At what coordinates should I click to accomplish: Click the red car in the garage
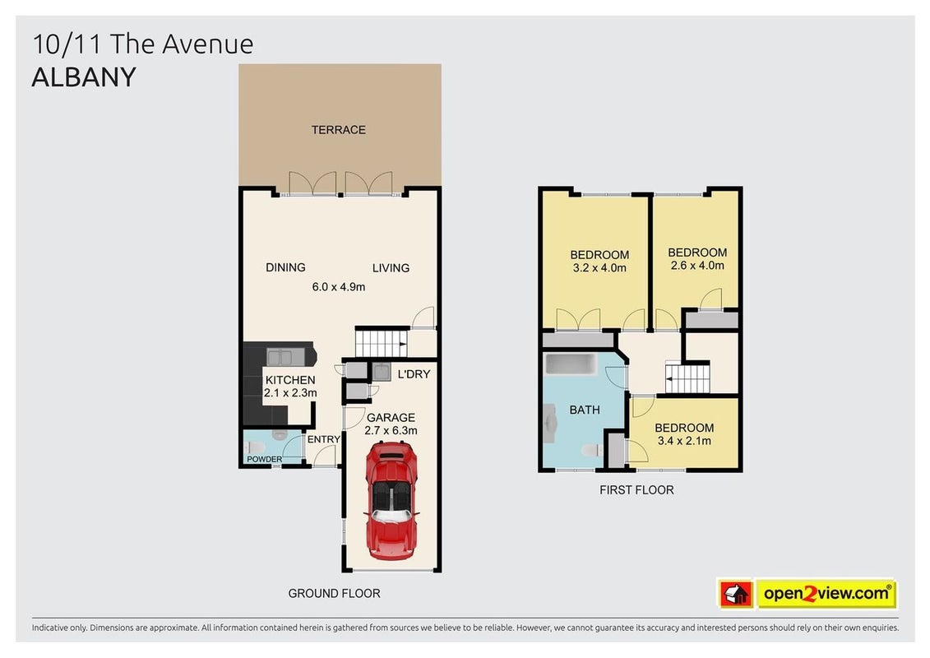(391, 502)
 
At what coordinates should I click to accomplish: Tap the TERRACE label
(339, 130)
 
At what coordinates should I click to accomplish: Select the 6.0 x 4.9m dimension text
(339, 287)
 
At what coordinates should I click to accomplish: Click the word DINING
(286, 267)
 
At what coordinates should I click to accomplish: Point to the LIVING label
(391, 268)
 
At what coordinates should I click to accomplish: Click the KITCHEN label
(290, 380)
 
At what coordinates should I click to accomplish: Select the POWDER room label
(265, 459)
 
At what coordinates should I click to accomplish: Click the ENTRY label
(324, 440)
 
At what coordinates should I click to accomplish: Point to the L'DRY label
(414, 374)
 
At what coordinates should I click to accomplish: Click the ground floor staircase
(382, 344)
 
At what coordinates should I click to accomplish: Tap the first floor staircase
(687, 378)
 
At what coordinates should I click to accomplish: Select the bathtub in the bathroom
(571, 364)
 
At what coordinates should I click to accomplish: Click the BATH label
(585, 410)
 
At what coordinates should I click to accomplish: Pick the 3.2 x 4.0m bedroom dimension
(599, 268)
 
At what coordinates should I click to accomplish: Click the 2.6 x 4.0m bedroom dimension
(697, 266)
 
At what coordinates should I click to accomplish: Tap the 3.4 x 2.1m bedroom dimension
(684, 441)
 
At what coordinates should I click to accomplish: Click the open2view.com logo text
(826, 593)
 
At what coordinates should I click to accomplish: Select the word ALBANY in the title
(84, 77)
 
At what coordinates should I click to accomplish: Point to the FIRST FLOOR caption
(636, 490)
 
